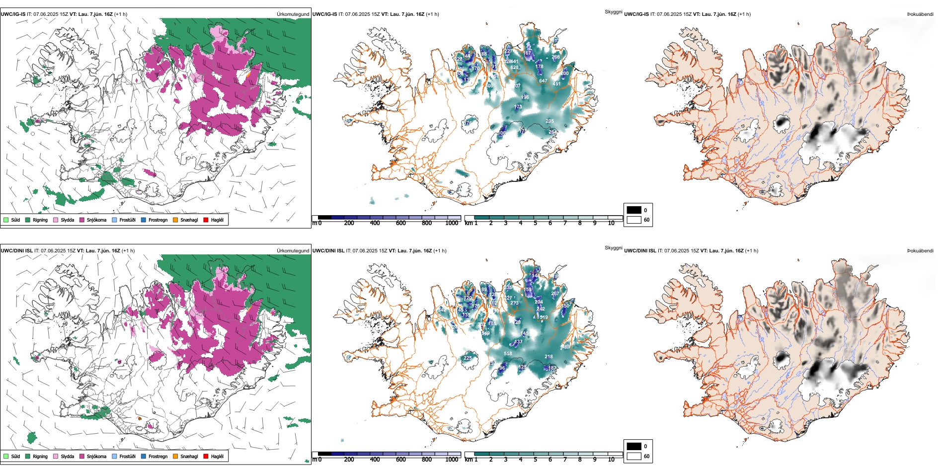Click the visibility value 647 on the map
543,80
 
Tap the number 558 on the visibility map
508,354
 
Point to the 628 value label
514,68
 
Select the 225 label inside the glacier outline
468,358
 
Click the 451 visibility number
556,83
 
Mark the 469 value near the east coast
566,347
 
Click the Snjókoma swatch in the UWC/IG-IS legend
82,220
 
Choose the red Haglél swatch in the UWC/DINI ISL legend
206,456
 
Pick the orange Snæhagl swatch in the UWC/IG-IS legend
175,220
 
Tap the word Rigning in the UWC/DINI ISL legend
40,456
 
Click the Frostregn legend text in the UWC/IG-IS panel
158,220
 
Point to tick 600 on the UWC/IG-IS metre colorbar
401,223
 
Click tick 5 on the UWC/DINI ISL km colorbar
536,460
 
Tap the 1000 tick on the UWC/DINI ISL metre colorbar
452,460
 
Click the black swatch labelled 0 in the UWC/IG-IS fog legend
634,210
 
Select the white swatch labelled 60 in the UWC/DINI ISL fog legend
634,456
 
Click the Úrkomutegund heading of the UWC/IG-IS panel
293,14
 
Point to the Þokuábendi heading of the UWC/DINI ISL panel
920,250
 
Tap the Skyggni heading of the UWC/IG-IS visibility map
613,11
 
